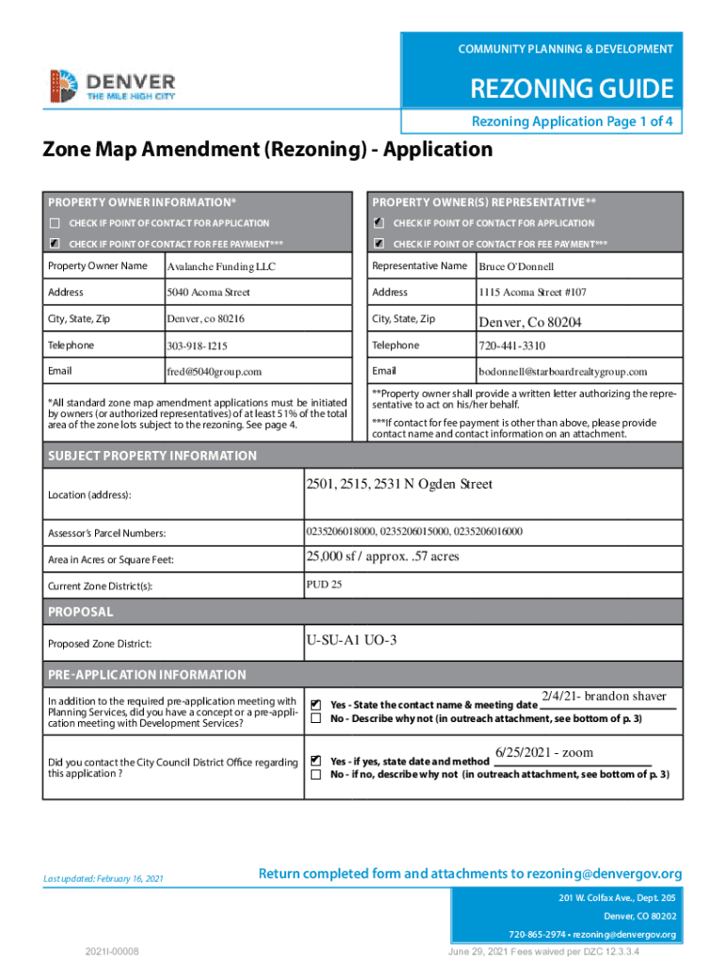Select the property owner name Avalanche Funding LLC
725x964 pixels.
[x=221, y=267]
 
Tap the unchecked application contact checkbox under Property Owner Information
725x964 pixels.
[x=55, y=223]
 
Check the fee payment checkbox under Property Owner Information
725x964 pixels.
[x=55, y=244]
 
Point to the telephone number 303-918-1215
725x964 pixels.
[x=197, y=346]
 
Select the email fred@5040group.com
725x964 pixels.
[x=214, y=373]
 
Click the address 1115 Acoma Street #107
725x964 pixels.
[x=531, y=293]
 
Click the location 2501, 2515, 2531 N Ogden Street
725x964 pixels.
[x=398, y=485]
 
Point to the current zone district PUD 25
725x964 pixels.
[x=324, y=585]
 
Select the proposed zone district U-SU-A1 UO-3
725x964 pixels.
[x=352, y=641]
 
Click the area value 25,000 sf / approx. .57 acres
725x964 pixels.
[x=382, y=556]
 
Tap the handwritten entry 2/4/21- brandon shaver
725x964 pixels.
[x=604, y=697]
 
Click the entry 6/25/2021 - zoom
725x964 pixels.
[x=544, y=752]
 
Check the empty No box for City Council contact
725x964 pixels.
[x=316, y=775]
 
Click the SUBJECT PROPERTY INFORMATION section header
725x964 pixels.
[x=153, y=456]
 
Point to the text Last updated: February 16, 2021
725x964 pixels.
[x=104, y=878]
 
